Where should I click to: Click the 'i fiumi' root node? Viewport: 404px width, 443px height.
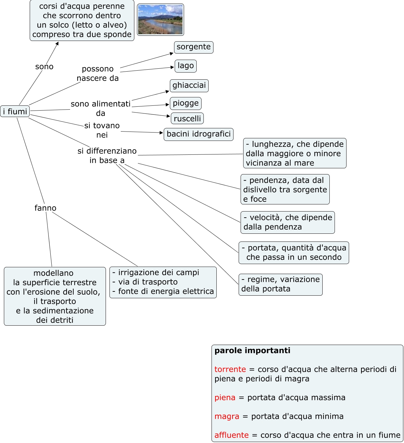click(15, 112)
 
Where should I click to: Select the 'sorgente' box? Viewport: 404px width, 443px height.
click(193, 47)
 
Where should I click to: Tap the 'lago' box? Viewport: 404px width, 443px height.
click(185, 66)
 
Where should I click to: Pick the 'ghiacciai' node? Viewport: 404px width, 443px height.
click(189, 85)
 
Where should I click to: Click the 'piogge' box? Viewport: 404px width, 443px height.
click(185, 103)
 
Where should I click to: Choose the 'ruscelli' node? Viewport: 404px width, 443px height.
click(187, 119)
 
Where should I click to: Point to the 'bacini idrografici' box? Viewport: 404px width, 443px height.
click(198, 134)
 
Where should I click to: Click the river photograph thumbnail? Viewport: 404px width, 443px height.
click(160, 20)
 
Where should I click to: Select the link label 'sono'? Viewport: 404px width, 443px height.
click(44, 67)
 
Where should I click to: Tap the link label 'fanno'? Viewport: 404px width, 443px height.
click(45, 208)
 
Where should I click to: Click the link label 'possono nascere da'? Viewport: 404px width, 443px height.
click(98, 74)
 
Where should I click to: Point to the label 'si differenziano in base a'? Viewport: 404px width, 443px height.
click(107, 155)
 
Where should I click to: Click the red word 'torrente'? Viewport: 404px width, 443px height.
click(230, 369)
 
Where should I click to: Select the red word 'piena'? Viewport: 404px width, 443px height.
click(225, 398)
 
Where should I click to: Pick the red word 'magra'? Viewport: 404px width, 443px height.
click(227, 417)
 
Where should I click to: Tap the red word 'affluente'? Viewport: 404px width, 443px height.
click(231, 435)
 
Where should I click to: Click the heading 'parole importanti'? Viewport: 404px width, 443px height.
click(252, 351)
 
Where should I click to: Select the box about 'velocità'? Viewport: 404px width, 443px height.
click(287, 222)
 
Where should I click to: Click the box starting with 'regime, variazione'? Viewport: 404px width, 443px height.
click(280, 284)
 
